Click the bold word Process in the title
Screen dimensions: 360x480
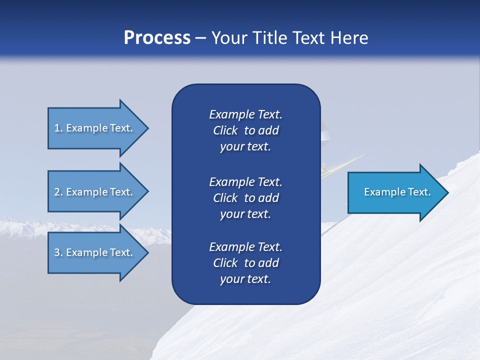157,37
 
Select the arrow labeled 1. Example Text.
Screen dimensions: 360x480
95,128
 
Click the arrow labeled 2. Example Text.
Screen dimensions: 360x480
95,192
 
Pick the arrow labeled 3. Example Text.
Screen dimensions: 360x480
95,252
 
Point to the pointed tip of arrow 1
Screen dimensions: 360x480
147,128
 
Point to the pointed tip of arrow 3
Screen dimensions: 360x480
147,252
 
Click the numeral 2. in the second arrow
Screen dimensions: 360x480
58,192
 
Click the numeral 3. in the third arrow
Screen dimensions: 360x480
58,252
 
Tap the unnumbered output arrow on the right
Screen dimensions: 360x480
395,192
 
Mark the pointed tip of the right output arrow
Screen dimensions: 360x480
447,192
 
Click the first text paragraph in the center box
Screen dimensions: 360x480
245,130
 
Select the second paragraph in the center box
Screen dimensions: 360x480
245,197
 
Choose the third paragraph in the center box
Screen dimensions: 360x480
245,263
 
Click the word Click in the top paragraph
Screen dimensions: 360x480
225,130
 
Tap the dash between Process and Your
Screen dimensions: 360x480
201,38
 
